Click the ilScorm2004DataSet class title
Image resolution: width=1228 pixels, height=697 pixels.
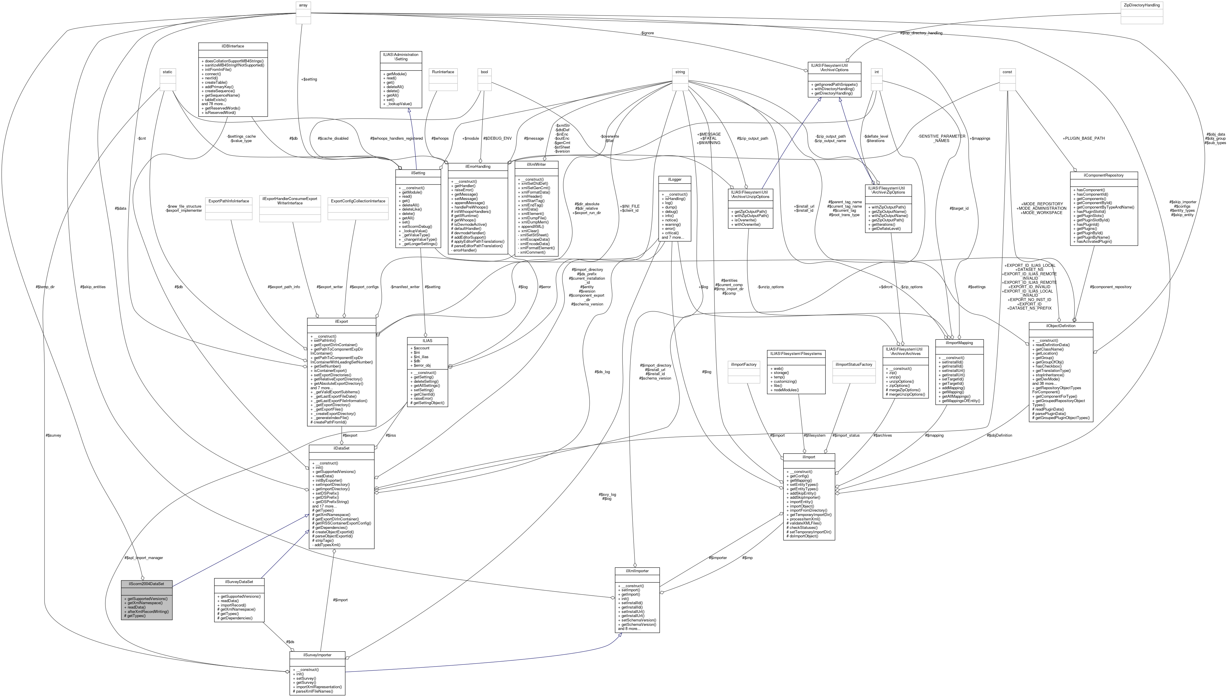[x=146, y=584]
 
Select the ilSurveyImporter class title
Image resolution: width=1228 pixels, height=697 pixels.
[x=317, y=655]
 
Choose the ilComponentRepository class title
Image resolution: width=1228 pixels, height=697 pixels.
[x=1104, y=175]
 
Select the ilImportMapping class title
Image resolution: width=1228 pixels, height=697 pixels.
[x=959, y=343]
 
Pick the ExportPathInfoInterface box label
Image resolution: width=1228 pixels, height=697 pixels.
[x=228, y=201]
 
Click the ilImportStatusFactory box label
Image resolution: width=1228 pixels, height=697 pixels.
[x=854, y=364]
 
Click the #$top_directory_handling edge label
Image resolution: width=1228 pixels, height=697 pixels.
[x=921, y=33]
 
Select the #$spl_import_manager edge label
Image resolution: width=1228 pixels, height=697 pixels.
[x=144, y=558]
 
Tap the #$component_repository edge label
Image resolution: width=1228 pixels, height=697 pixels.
[x=1110, y=287]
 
